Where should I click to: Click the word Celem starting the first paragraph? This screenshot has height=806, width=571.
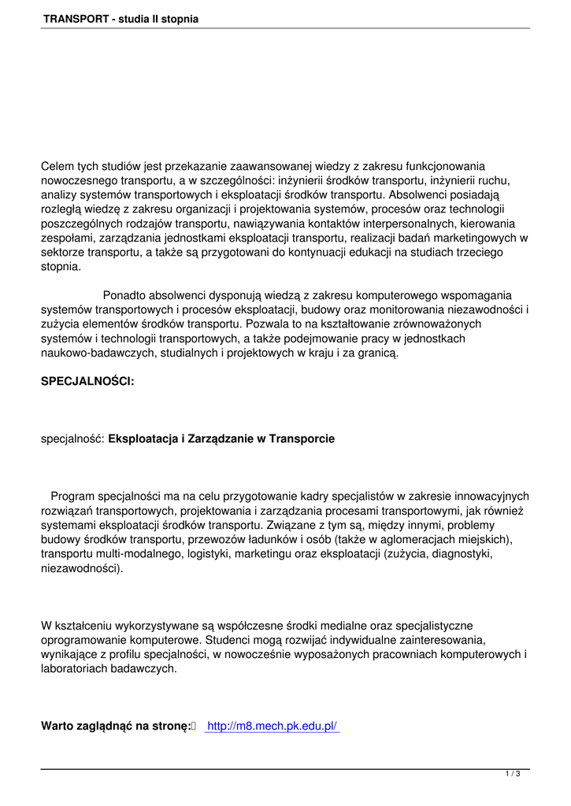(57, 166)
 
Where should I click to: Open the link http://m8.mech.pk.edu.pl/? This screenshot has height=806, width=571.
(272, 726)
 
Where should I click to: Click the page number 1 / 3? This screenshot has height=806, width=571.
(513, 775)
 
